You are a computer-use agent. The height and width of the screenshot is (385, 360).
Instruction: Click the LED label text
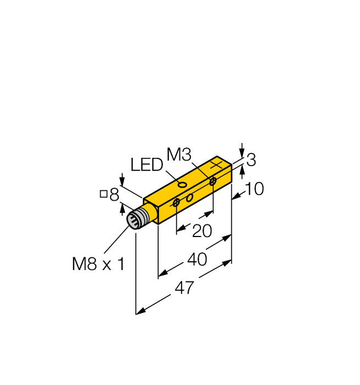[x=147, y=164]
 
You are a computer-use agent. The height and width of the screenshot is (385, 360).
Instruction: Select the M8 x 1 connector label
[x=99, y=265]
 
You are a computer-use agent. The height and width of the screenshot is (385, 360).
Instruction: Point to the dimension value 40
[x=197, y=259]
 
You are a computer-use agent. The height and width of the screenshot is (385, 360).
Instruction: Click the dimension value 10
[x=254, y=189]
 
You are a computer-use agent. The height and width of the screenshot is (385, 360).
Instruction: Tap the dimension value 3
[x=251, y=161]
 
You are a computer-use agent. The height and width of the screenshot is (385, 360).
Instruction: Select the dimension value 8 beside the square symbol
[x=114, y=194]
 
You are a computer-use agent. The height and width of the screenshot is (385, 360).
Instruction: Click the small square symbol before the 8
[x=103, y=194]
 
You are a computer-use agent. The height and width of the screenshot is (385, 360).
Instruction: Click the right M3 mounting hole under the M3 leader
[x=212, y=181]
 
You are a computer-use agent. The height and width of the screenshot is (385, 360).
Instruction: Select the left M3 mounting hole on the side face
[x=176, y=204]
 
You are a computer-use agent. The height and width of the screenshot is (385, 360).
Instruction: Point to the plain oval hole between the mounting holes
[x=189, y=197]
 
